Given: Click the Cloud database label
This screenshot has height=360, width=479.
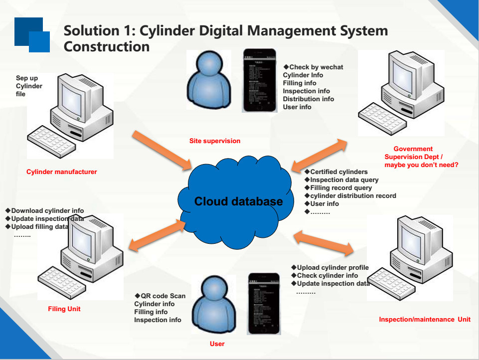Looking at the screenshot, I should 238,201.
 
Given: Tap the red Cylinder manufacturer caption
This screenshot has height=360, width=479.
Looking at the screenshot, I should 62,172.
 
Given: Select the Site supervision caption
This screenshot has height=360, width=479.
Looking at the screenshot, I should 215,141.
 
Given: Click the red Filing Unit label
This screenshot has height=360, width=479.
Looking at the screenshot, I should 64,309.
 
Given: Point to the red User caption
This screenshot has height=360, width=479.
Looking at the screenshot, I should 217,344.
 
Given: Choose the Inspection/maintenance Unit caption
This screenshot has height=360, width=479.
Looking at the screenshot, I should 425,320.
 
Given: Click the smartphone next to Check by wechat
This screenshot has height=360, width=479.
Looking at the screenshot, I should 259,80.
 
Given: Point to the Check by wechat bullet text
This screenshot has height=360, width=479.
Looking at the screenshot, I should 314,67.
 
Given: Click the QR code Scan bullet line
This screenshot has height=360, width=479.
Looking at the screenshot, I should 160,296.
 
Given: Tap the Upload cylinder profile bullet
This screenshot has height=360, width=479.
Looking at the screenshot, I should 330,268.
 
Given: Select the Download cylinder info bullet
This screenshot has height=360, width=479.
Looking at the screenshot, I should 45,211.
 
